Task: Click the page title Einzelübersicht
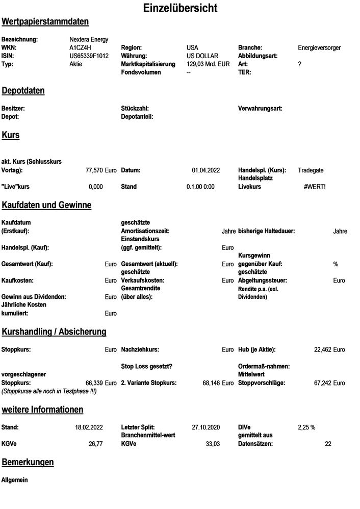pyautogui.click(x=180, y=8)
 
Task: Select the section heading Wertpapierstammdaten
pyautogui.click(x=45, y=22)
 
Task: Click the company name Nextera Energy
pyautogui.click(x=89, y=39)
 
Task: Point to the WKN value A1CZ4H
pyautogui.click(x=80, y=47)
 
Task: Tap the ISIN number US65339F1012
pyautogui.click(x=89, y=56)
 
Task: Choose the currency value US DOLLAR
pyautogui.click(x=202, y=56)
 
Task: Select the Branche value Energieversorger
pyautogui.click(x=319, y=47)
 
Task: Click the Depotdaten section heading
pyautogui.click(x=23, y=91)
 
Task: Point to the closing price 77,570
pyautogui.click(x=94, y=170)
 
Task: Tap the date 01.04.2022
pyautogui.click(x=206, y=170)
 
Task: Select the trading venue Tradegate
pyautogui.click(x=311, y=170)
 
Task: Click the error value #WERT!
pyautogui.click(x=315, y=187)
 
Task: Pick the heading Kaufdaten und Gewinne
pyautogui.click(x=46, y=205)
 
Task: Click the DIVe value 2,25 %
pyautogui.click(x=306, y=427)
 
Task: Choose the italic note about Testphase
pyautogui.click(x=49, y=391)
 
